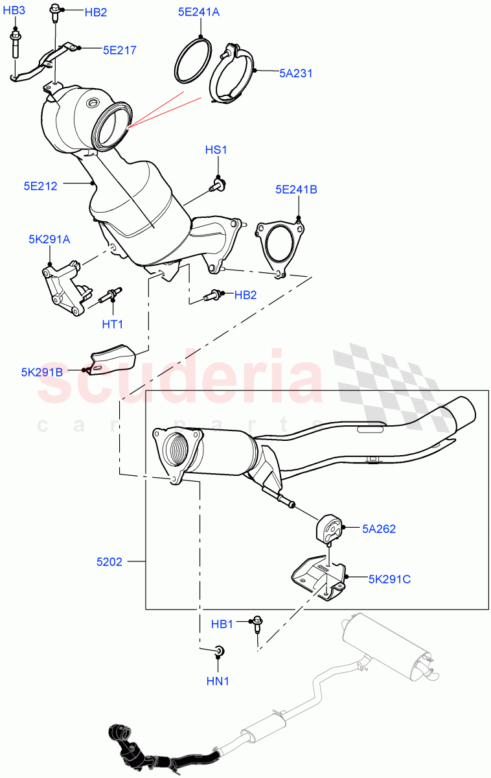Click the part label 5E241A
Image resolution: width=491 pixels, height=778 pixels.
tap(200, 11)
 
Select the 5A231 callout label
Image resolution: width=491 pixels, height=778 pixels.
tap(296, 73)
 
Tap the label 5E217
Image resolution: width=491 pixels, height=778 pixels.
tap(119, 49)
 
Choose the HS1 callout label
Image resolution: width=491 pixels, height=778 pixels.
tap(216, 150)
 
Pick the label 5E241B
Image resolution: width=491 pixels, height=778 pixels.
tap(296, 190)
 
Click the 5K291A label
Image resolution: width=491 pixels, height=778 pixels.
tap(49, 239)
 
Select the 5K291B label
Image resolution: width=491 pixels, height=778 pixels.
tap(41, 372)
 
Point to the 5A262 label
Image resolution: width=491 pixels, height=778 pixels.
tap(379, 528)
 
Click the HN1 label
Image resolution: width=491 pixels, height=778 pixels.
tap(218, 681)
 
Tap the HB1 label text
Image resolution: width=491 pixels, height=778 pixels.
tap(222, 624)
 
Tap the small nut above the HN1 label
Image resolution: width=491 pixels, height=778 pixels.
tap(219, 650)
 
